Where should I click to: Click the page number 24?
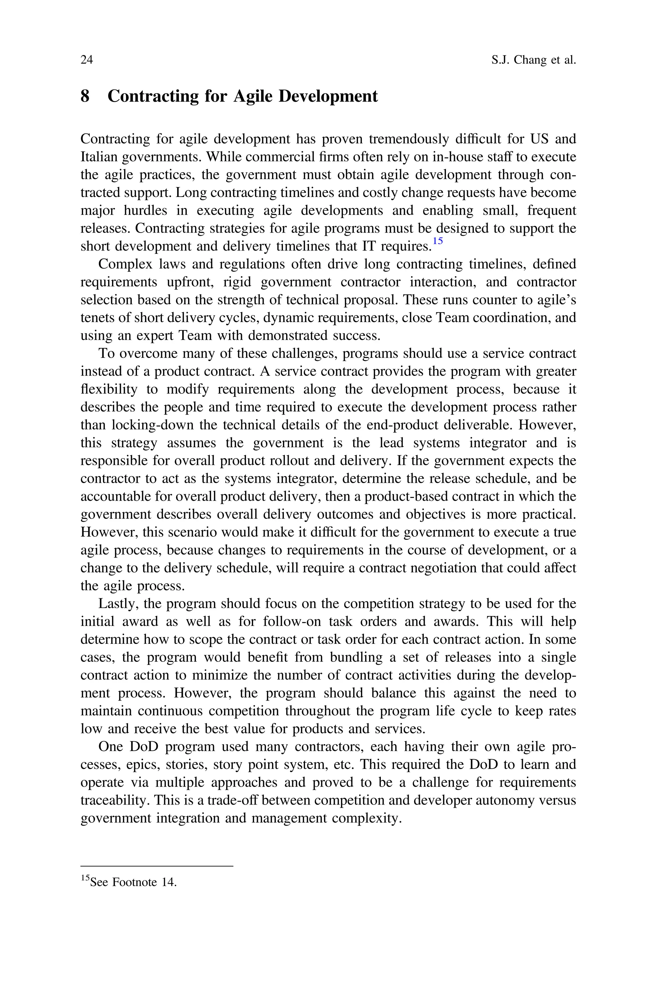(x=86, y=60)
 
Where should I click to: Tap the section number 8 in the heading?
(x=85, y=96)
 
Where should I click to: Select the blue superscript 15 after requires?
(x=438, y=241)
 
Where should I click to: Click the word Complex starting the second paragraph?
(x=124, y=264)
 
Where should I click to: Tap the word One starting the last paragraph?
(x=111, y=747)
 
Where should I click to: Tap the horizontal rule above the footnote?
(x=156, y=866)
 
